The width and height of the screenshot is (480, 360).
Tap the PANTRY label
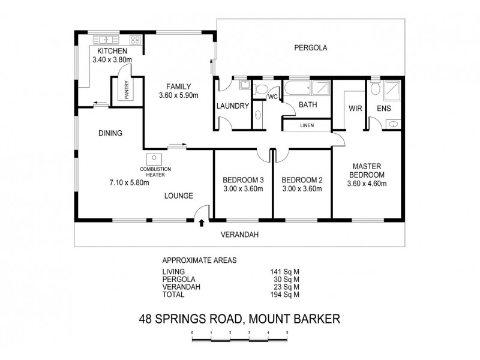coord(127,91)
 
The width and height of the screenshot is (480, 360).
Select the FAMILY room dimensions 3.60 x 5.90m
coord(179,95)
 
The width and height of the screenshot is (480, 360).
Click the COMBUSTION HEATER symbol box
coord(149,159)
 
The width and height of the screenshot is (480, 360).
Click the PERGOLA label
coord(310,47)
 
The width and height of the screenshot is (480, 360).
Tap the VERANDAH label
coord(239,235)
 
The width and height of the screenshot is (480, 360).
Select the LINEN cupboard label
coord(307,126)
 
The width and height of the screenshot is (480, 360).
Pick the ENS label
coord(384,109)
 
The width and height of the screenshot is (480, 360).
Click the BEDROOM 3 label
coord(243,180)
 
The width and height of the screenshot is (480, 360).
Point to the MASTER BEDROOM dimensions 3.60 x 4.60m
coord(367,184)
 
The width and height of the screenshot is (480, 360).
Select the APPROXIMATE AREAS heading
coord(200,261)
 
